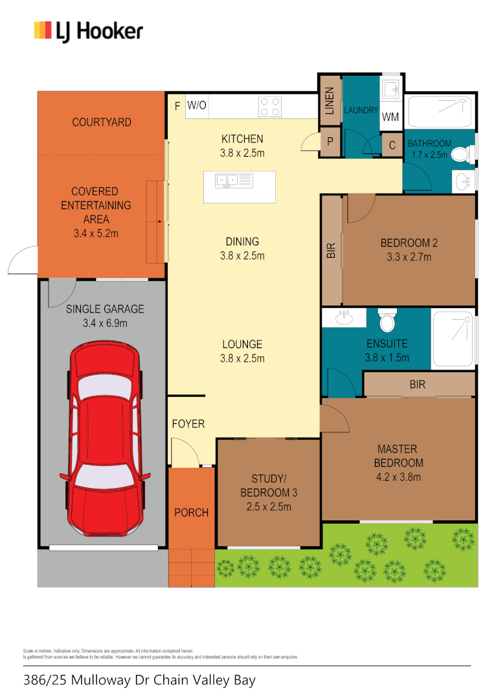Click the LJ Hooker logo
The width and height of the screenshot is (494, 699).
point(88,31)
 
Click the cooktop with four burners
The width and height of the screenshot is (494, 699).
point(270,106)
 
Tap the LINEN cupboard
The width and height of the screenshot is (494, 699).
point(329,101)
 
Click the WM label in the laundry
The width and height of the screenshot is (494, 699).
point(390,117)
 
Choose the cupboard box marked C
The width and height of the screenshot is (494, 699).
point(392,146)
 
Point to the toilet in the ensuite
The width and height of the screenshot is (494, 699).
point(388,321)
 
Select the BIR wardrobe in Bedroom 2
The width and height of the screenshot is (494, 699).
point(331,251)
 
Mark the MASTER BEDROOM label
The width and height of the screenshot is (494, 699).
point(398,456)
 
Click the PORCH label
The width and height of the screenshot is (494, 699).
point(192,513)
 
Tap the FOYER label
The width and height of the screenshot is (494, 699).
point(188,424)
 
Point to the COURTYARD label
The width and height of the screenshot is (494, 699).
point(102,122)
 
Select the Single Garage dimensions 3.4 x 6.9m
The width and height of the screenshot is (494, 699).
point(105,322)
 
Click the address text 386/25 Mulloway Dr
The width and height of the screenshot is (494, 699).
point(139,680)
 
